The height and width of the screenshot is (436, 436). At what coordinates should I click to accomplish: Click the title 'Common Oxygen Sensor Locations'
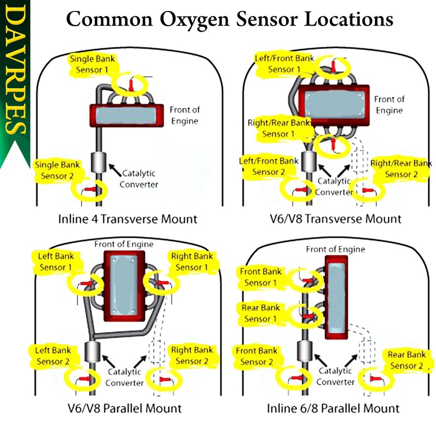click(x=229, y=20)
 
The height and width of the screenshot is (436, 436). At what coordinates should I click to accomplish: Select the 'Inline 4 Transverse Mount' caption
click(x=128, y=220)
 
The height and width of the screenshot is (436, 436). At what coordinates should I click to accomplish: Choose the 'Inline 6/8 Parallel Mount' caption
click(x=333, y=408)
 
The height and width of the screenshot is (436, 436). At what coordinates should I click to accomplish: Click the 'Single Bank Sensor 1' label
click(x=93, y=64)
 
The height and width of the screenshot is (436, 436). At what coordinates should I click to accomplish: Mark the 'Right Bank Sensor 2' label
click(x=192, y=355)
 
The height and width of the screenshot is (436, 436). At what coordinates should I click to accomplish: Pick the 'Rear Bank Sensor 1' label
click(x=261, y=313)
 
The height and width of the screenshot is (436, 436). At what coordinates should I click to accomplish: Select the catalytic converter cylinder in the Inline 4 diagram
click(x=99, y=162)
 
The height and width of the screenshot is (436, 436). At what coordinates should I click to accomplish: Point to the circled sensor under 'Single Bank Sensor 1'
click(x=131, y=84)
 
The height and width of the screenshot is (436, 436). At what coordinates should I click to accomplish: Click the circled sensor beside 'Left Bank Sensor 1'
click(x=87, y=283)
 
